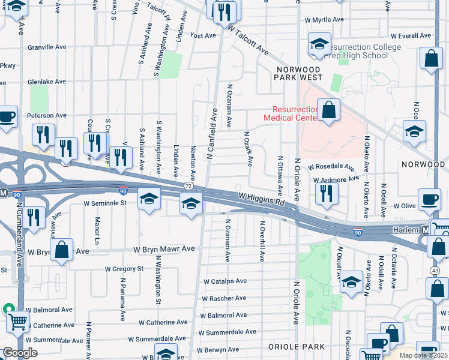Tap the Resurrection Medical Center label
pyautogui.click(x=294, y=113)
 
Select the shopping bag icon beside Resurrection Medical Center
pyautogui.click(x=328, y=110)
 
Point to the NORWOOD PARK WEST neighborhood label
pyautogui.click(x=298, y=73)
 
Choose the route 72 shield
pyautogui.click(x=188, y=187)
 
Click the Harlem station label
pyautogui.click(x=406, y=230)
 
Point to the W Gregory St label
pyautogui.click(x=124, y=269)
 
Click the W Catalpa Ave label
pyautogui.click(x=225, y=281)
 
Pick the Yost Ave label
pyautogui.click(x=202, y=35)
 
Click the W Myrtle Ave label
pyautogui.click(x=324, y=20)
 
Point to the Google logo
pyautogui.click(x=20, y=353)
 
